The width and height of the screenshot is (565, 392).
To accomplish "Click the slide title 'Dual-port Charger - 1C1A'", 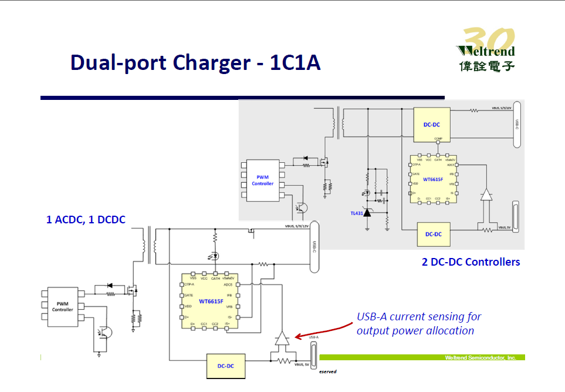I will pos(195,62).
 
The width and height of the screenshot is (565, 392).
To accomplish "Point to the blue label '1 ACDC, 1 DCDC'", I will pos(86,220).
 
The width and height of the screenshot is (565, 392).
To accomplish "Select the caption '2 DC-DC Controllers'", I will pos(471,262).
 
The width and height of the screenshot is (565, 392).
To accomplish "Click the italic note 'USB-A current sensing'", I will pos(419,317).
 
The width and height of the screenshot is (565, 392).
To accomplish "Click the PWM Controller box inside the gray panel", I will pos(262,180).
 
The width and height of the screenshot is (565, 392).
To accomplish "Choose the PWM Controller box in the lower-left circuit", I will pos(63,306).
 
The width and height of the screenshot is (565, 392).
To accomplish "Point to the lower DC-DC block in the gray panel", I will pos(434,234).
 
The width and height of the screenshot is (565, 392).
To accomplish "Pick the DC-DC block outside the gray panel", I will pos(226,366).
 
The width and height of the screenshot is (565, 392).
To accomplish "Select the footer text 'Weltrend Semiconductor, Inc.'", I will pos(480,357).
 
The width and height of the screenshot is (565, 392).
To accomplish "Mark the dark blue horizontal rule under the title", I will pos(242,98).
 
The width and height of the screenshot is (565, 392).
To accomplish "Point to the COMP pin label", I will pos(438,139).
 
